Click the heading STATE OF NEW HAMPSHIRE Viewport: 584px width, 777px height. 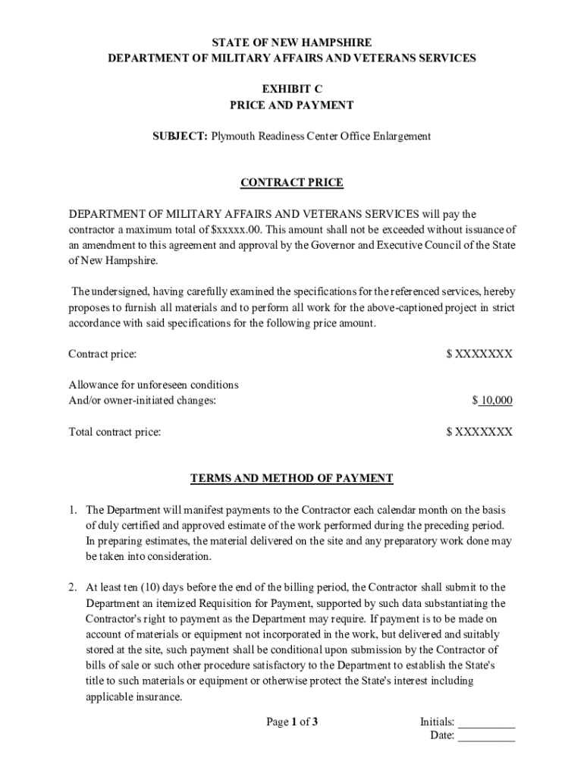click(292, 42)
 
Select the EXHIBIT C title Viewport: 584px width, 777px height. click(292, 89)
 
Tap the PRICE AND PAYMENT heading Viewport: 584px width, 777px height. click(292, 105)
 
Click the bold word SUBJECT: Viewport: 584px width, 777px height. click(181, 137)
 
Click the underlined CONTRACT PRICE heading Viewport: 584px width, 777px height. click(292, 183)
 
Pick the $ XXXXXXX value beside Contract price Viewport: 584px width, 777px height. click(479, 354)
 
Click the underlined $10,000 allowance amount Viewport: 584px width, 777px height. click(492, 401)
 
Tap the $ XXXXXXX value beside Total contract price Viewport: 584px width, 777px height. click(479, 432)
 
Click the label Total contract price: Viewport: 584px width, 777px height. click(115, 432)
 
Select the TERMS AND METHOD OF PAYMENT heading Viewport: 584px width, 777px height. click(292, 478)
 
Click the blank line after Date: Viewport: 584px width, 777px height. click(486, 736)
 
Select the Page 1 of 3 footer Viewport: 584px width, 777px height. click(292, 722)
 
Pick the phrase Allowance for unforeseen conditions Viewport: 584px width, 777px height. click(153, 385)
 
